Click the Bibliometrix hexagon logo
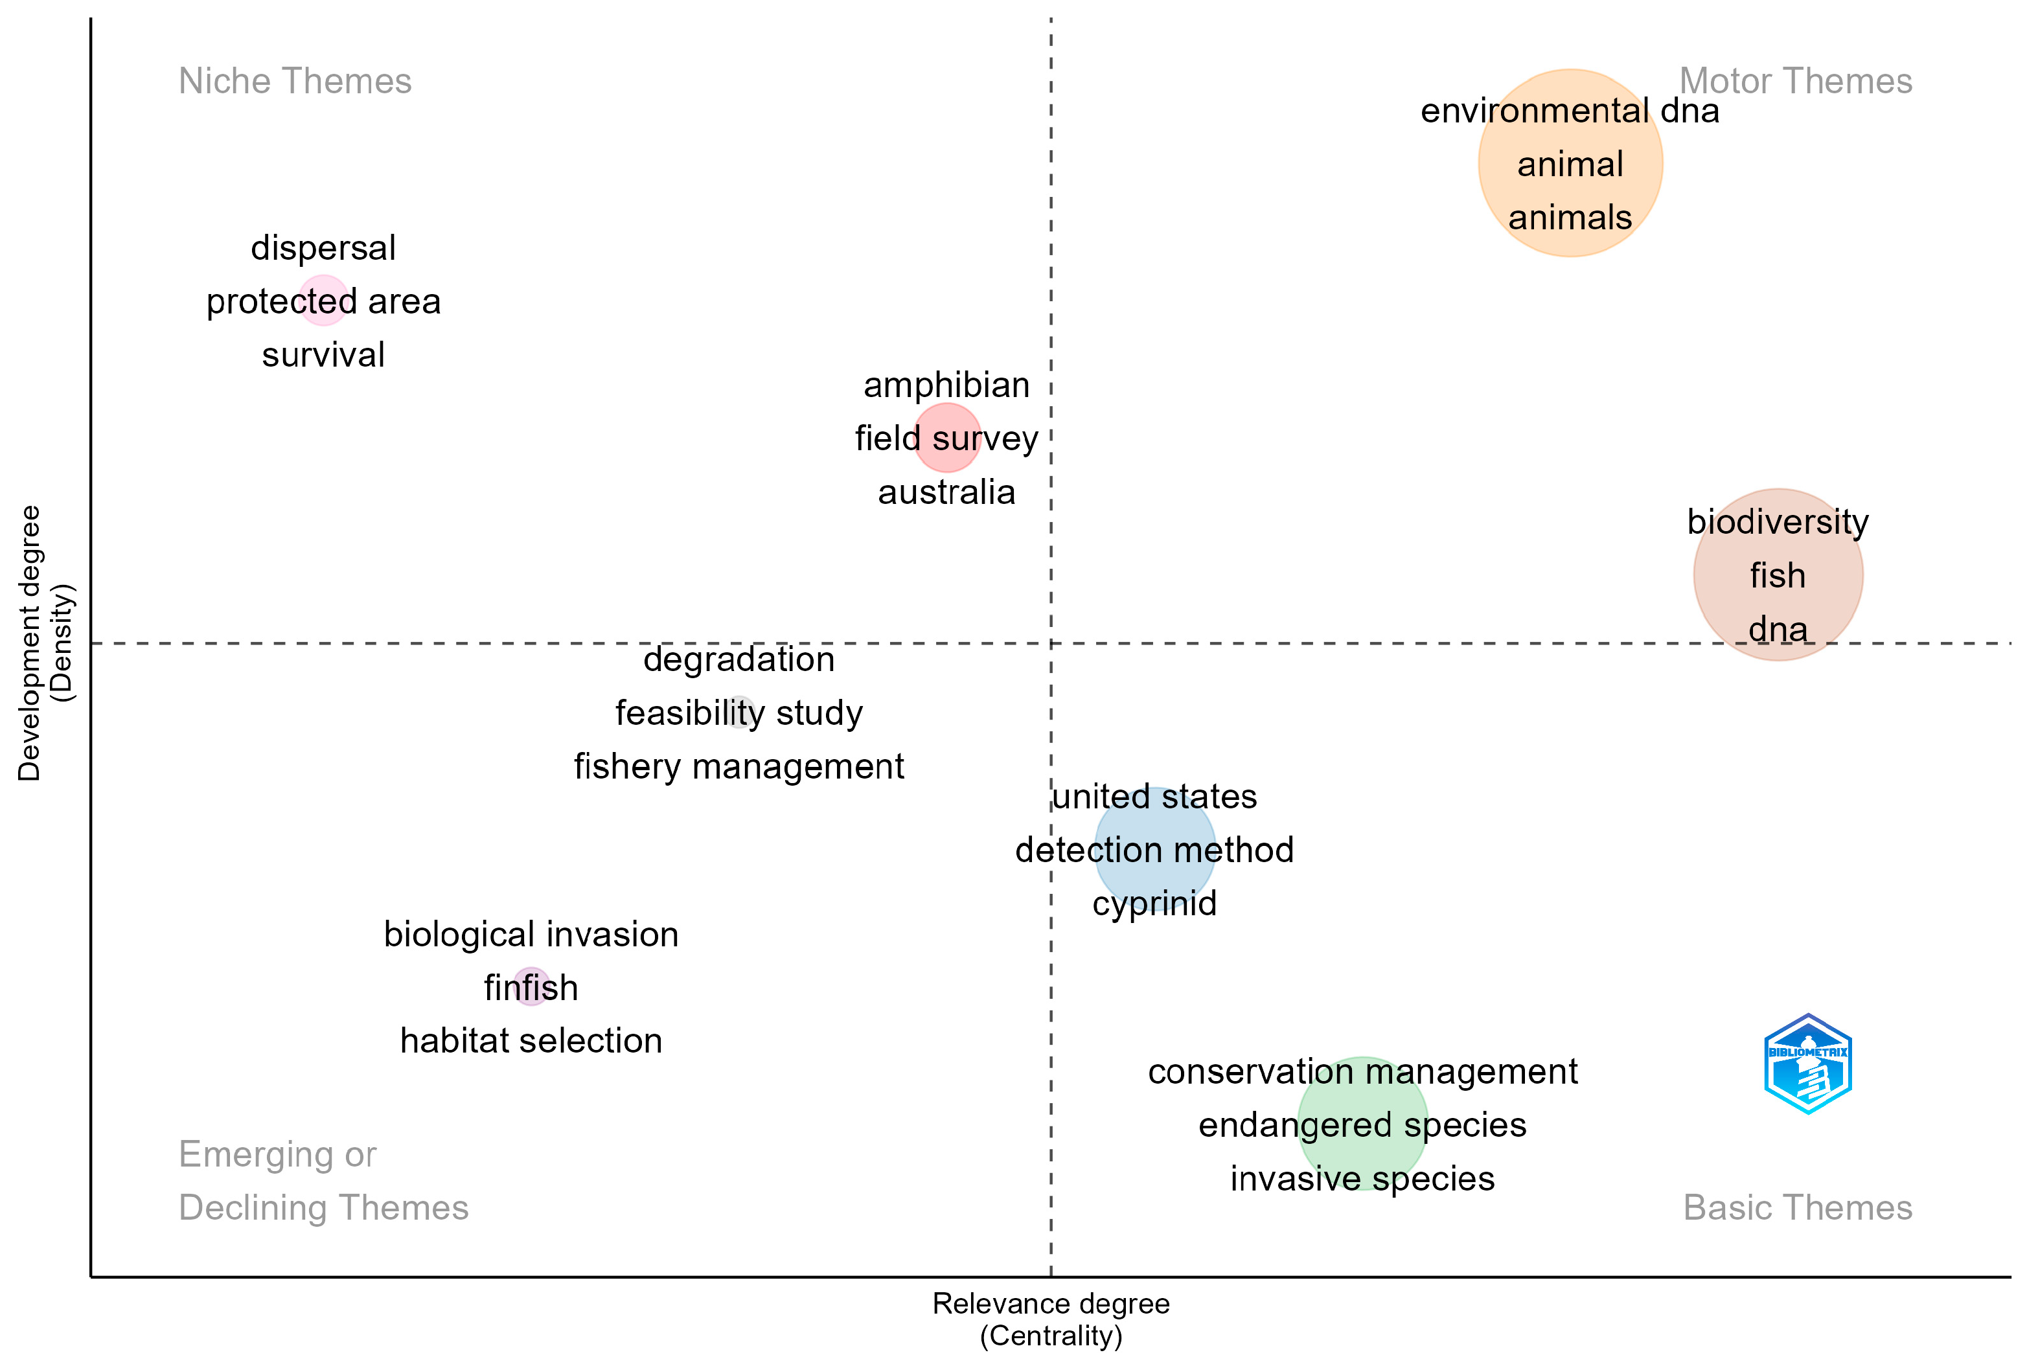tap(1807, 1063)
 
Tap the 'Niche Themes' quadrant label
tap(295, 81)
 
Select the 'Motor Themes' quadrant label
tap(1795, 81)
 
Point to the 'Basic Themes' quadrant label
tap(1797, 1207)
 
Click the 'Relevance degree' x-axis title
tap(1050, 1303)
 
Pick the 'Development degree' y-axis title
tap(30, 643)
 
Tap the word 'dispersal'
tap(323, 247)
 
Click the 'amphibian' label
tap(946, 385)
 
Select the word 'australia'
tap(946, 492)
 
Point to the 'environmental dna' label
tap(1569, 111)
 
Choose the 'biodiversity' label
tap(1778, 521)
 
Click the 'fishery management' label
tap(739, 766)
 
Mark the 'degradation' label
tap(739, 659)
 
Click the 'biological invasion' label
tap(531, 934)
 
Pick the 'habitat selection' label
tap(531, 1040)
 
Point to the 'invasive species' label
tap(1362, 1178)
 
